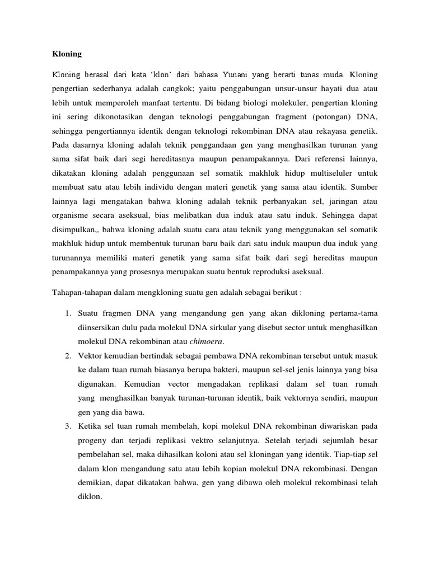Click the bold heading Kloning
click(x=67, y=54)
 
